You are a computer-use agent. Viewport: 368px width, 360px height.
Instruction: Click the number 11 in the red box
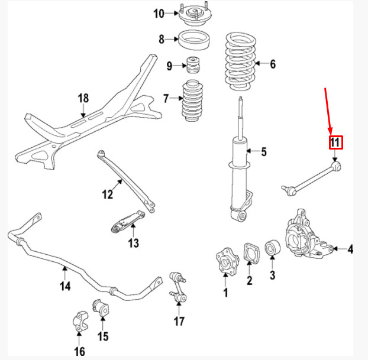pos(335,142)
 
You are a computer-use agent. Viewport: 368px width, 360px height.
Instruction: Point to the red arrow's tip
pos(332,133)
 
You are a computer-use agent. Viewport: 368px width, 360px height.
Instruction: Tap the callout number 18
pos(83,98)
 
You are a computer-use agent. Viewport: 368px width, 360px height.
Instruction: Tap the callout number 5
pos(263,153)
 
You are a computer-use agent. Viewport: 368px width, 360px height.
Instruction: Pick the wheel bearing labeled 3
pos(273,248)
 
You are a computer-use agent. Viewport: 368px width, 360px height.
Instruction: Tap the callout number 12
pos(107,194)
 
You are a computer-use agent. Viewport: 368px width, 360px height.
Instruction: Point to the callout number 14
pos(65,286)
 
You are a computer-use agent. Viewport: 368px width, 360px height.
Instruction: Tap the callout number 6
pos(272,64)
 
